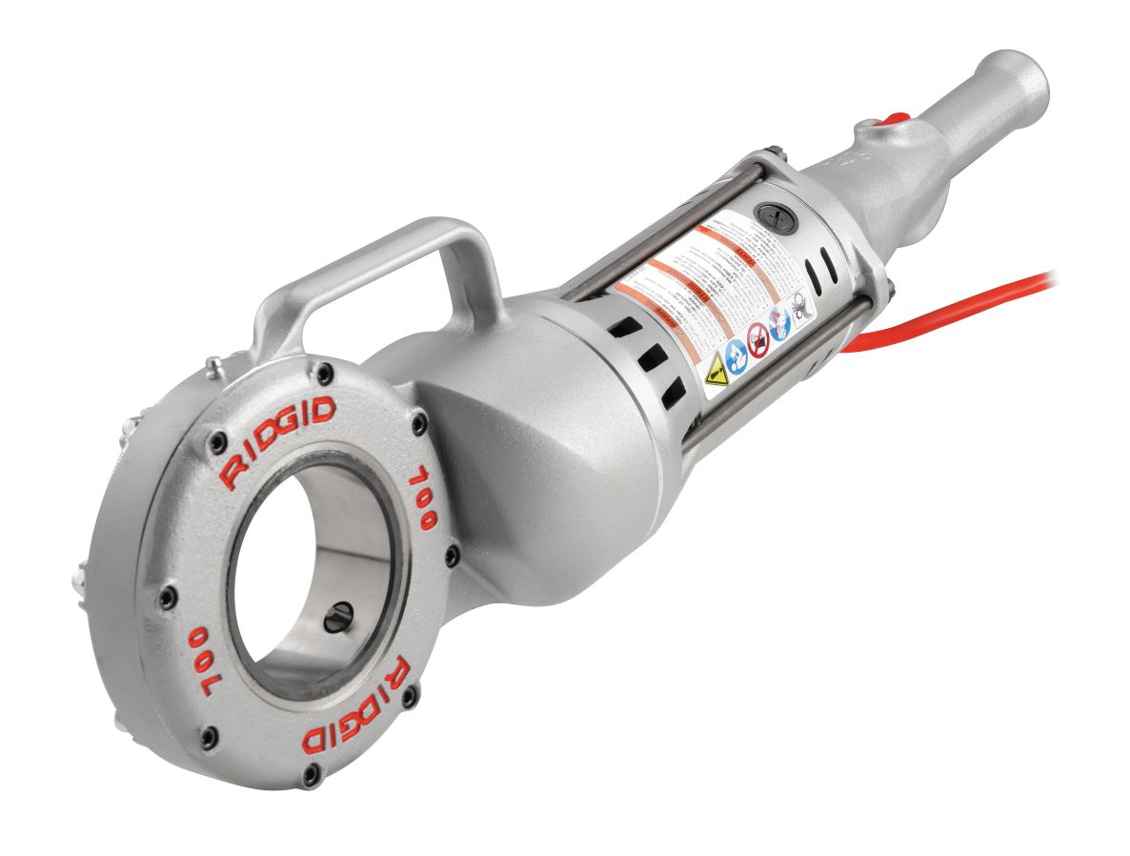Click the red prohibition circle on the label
click(x=758, y=338)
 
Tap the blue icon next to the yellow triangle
click(x=737, y=354)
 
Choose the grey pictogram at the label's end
click(x=801, y=307)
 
